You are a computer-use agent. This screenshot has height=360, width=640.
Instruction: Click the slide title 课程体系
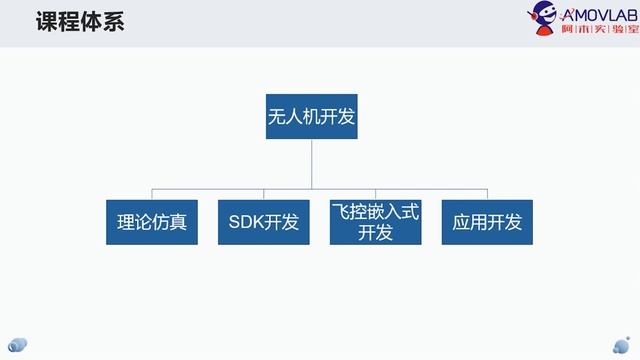pos(80,21)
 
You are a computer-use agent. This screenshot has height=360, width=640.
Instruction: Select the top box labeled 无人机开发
pos(311,116)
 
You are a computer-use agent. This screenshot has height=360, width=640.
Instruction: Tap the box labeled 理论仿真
pos(152,222)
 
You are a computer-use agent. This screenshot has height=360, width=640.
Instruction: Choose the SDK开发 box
pos(264,222)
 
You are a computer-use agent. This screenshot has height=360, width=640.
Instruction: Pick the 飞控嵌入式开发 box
pos(376,222)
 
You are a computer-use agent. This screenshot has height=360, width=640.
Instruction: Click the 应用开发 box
pos(487,222)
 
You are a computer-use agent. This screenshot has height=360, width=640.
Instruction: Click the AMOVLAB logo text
pos(599,16)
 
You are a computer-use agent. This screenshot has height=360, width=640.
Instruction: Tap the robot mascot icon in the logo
pos(542,18)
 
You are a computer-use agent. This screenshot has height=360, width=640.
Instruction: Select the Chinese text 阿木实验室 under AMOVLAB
pos(600,29)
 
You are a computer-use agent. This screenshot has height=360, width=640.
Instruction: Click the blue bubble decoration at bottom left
pos(18,345)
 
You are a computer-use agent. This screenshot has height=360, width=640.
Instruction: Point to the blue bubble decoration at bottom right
pos(621,345)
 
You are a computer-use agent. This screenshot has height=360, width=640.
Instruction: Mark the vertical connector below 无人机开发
pos(311,164)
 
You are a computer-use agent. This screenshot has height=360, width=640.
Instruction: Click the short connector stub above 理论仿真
pos(152,194)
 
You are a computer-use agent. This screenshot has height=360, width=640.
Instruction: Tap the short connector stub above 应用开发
pos(487,194)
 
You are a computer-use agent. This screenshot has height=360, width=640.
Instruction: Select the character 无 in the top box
pos(276,117)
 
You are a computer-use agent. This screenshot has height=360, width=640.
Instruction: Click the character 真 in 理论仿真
pos(178,222)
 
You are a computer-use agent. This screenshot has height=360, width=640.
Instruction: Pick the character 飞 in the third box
pos(340,212)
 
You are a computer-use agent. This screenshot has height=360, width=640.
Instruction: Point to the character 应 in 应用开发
pos(461,222)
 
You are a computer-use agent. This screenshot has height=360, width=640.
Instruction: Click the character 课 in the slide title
pos(47,21)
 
